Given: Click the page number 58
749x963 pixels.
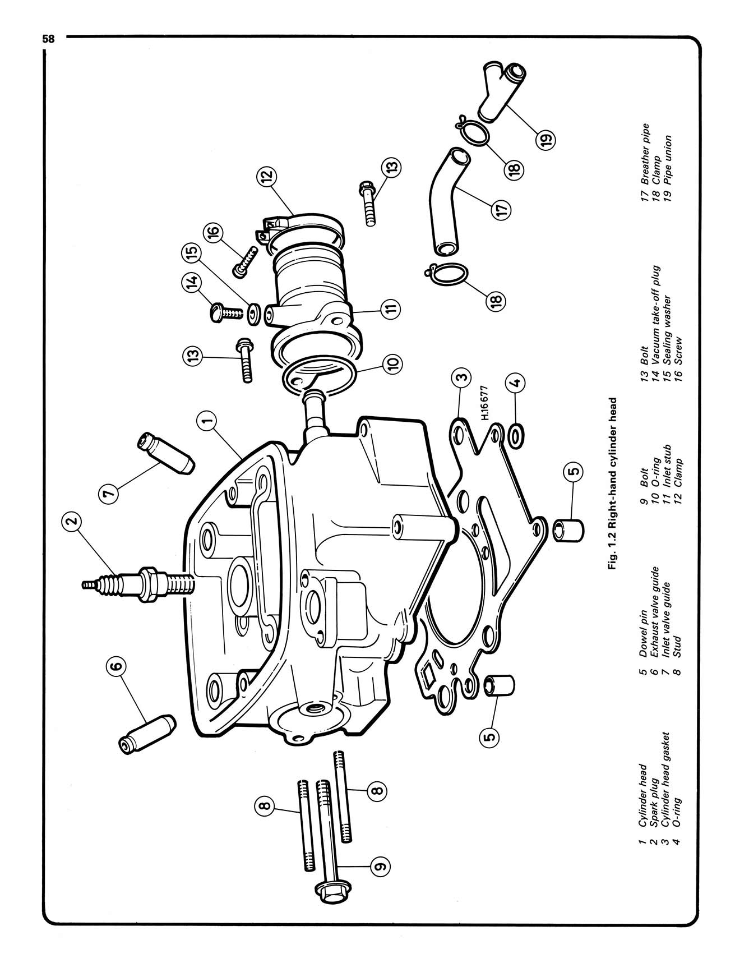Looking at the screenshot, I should [x=49, y=39].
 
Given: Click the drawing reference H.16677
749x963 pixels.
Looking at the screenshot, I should [x=485, y=403].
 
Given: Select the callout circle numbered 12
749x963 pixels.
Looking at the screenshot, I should [x=267, y=177].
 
